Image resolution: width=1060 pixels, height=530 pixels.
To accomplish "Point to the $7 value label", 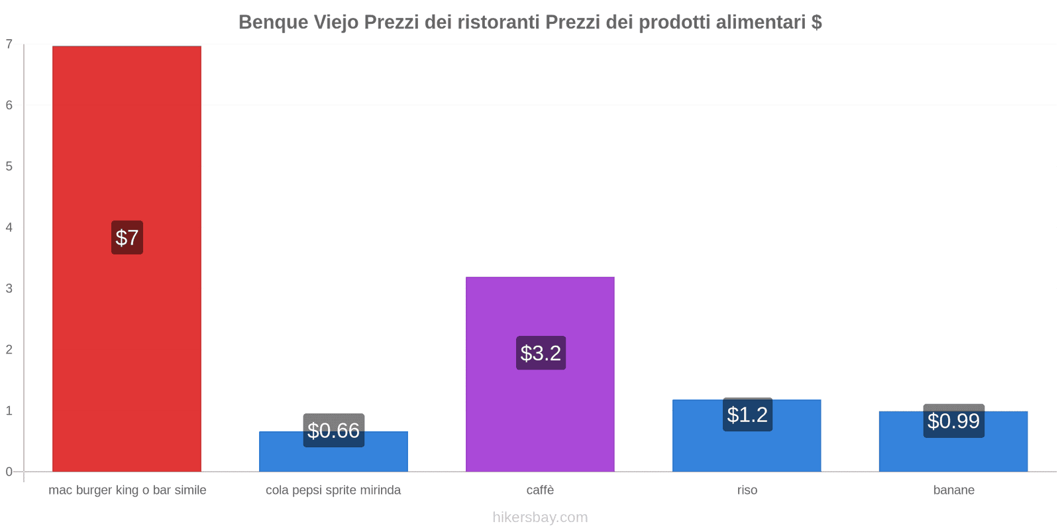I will pos(127,237).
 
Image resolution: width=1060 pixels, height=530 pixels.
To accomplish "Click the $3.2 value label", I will pos(541,352).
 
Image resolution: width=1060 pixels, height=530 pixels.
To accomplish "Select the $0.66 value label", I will pos(333,431).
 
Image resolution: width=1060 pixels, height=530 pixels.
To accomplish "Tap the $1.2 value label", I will pos(747,414).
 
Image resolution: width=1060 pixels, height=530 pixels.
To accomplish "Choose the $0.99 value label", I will pos(953,421).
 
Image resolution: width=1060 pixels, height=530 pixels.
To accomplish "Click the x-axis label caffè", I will pos(540,490).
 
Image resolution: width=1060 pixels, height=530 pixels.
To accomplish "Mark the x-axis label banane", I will pos(953,490).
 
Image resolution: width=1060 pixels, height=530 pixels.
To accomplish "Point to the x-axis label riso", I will pos(747,490).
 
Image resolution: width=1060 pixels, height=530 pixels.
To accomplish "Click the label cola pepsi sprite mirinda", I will pos(333,490).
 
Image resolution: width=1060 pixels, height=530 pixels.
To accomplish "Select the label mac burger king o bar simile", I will pos(127,490).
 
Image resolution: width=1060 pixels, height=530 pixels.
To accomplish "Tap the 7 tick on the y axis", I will pos(9,44).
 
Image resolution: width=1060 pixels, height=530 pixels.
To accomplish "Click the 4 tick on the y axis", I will pos(9,227).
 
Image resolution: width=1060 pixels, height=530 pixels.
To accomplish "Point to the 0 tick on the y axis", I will pos(9,472).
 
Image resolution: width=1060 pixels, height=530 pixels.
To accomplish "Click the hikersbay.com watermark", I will pos(540,517).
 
